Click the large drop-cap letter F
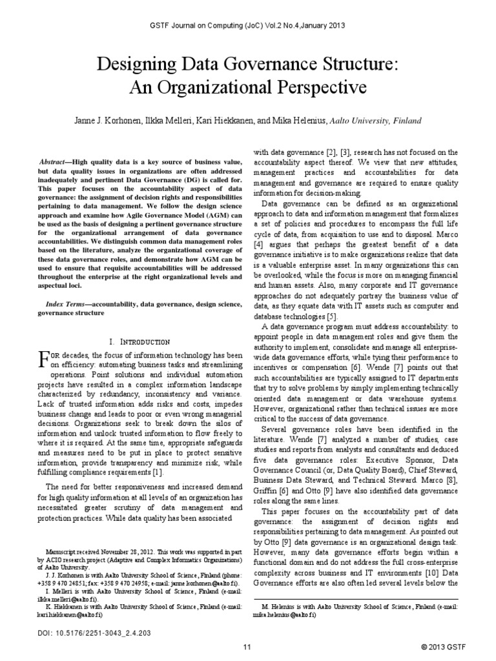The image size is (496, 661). click(x=44, y=359)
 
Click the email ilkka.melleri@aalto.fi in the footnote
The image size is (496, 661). click(x=63, y=598)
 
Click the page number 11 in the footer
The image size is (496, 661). click(x=247, y=647)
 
